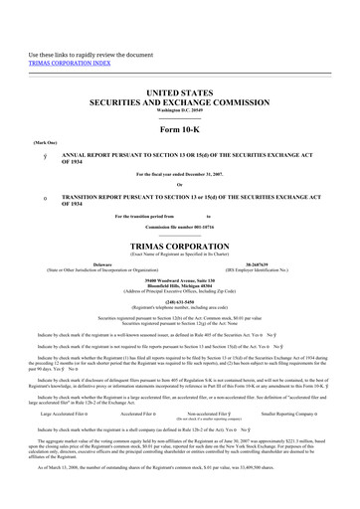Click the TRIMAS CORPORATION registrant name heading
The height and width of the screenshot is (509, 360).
click(x=180, y=244)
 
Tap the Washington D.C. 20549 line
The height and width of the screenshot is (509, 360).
click(x=180, y=109)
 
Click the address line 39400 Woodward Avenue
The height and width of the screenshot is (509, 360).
click(x=180, y=279)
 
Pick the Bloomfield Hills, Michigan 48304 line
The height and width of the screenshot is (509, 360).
click(x=180, y=285)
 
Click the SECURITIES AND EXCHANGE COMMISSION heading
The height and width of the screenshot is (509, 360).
click(x=180, y=100)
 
